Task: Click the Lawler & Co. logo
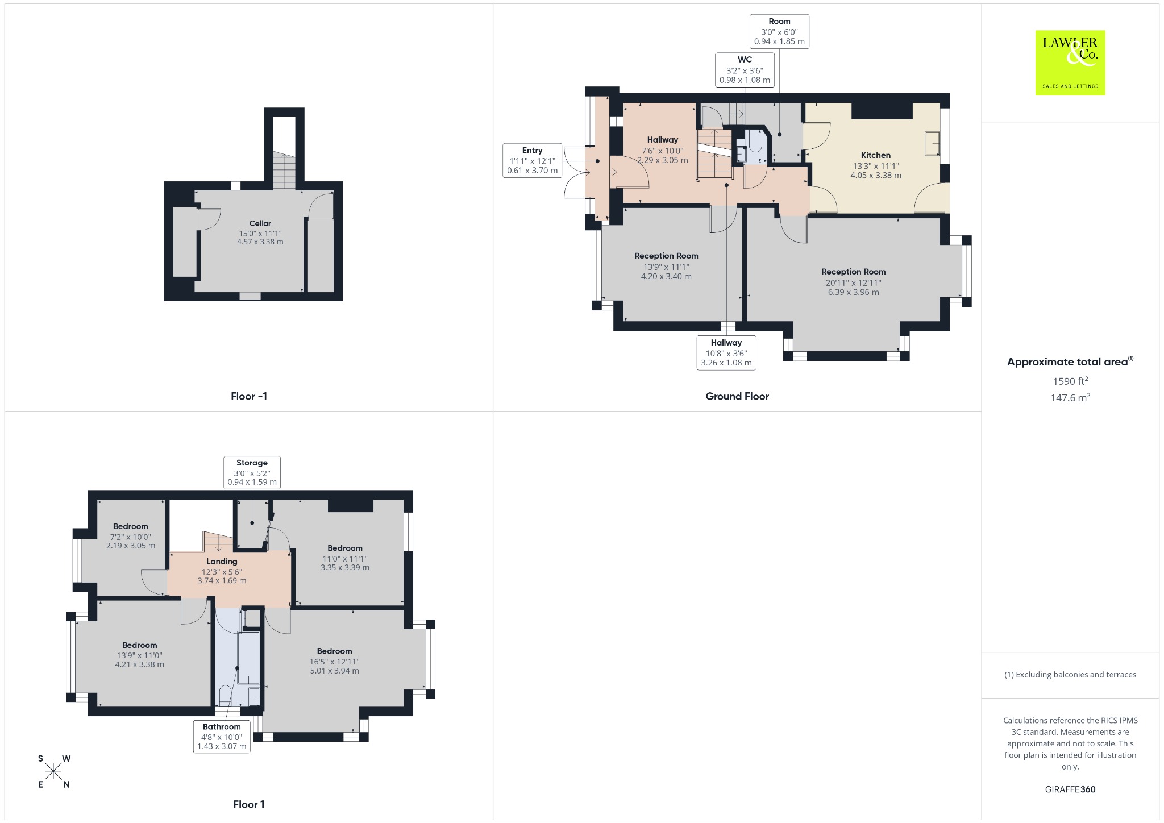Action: [1070, 63]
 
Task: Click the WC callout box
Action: [745, 70]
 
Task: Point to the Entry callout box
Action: [533, 160]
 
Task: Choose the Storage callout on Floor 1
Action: [252, 472]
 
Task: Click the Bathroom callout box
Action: [222, 736]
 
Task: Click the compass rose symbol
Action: [53, 771]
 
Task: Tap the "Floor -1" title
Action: [249, 396]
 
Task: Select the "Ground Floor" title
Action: [737, 396]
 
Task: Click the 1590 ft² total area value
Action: [1070, 381]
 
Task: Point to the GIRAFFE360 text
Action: [1070, 789]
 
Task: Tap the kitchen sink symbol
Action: [933, 144]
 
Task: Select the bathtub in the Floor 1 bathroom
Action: [248, 657]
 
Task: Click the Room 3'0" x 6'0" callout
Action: [779, 31]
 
